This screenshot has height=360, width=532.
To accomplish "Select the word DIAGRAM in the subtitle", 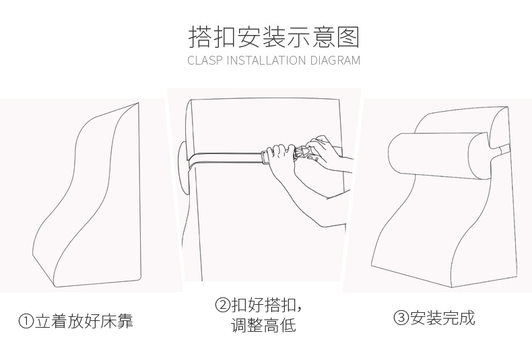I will [x=335, y=61].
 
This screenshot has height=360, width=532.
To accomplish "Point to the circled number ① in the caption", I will [x=26, y=322].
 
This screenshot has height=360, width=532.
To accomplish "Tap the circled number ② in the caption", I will [x=223, y=305].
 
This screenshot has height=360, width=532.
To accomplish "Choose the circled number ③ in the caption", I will [x=401, y=318].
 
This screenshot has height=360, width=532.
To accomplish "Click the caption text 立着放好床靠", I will [x=84, y=322].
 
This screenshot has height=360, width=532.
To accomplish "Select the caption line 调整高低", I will [x=263, y=326].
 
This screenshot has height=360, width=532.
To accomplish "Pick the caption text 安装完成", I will [x=442, y=318].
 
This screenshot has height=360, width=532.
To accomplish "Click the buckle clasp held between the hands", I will [x=301, y=153].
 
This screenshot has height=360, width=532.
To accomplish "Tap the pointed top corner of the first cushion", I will [x=138, y=104].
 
